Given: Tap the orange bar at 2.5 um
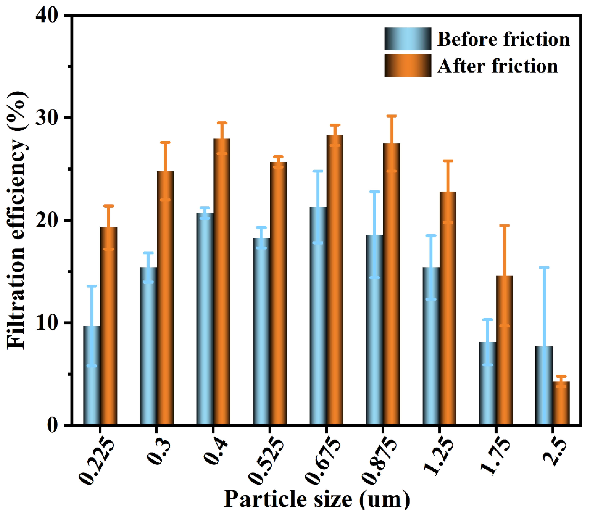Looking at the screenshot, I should (x=561, y=406).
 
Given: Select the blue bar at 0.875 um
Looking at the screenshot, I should (x=374, y=331).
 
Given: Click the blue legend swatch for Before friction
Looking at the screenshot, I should (x=407, y=39).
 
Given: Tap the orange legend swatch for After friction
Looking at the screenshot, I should (x=407, y=65).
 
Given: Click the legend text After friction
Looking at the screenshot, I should (x=497, y=66).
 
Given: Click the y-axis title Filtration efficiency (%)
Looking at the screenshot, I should (x=17, y=220).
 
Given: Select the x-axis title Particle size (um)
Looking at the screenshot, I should (x=317, y=499).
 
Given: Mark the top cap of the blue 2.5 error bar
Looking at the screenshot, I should (x=544, y=267).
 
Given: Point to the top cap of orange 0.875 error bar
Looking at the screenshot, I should (x=391, y=116).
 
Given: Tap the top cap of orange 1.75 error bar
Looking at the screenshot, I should (x=504, y=225).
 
